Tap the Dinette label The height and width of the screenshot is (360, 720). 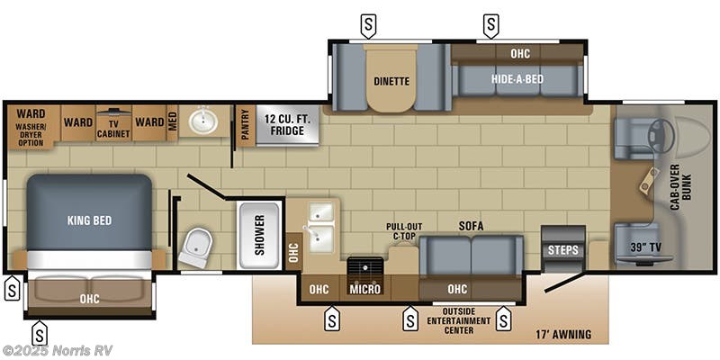click(391, 81)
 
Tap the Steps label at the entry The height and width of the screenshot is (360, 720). click(563, 249)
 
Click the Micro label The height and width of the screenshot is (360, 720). click(365, 289)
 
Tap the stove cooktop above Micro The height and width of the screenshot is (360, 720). click(365, 268)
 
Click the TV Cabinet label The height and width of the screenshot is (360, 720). click(113, 128)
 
